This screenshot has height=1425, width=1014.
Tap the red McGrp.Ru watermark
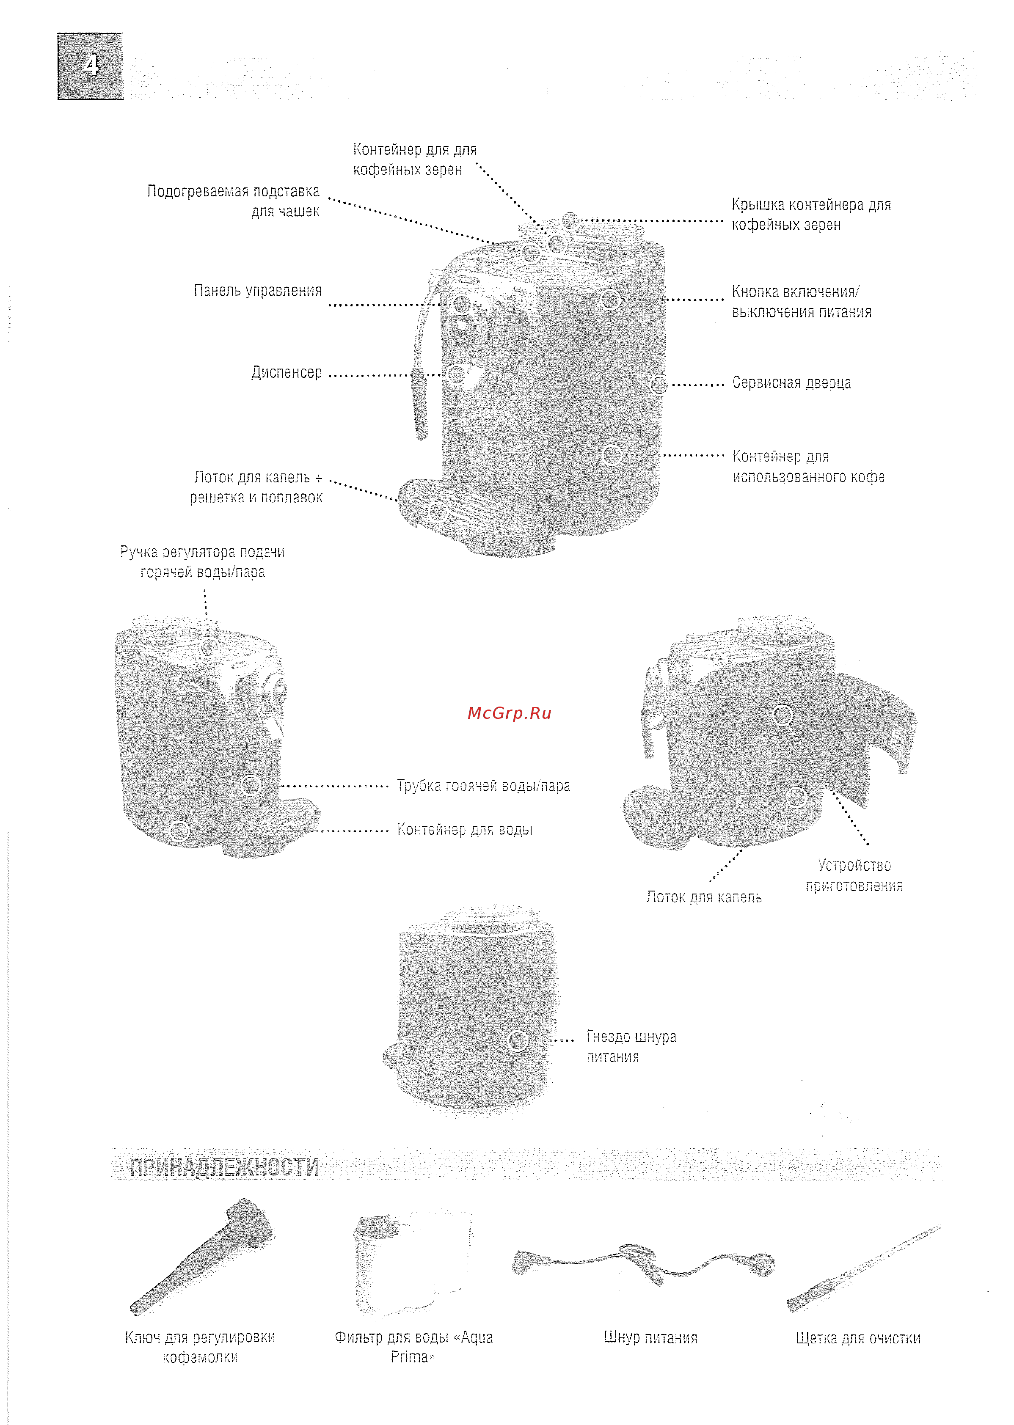pos(509,713)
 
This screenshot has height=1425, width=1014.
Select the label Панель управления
pos(257,290)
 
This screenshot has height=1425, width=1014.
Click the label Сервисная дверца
pos(791,382)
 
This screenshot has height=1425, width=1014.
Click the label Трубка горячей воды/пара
pos(483,785)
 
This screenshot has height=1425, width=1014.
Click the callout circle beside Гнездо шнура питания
pos(518,1040)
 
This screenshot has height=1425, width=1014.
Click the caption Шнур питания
pos(650,1337)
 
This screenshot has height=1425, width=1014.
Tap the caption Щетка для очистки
pos(857,1337)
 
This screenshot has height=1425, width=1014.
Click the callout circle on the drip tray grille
pos(438,512)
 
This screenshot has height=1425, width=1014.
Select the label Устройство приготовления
pos(854,875)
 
